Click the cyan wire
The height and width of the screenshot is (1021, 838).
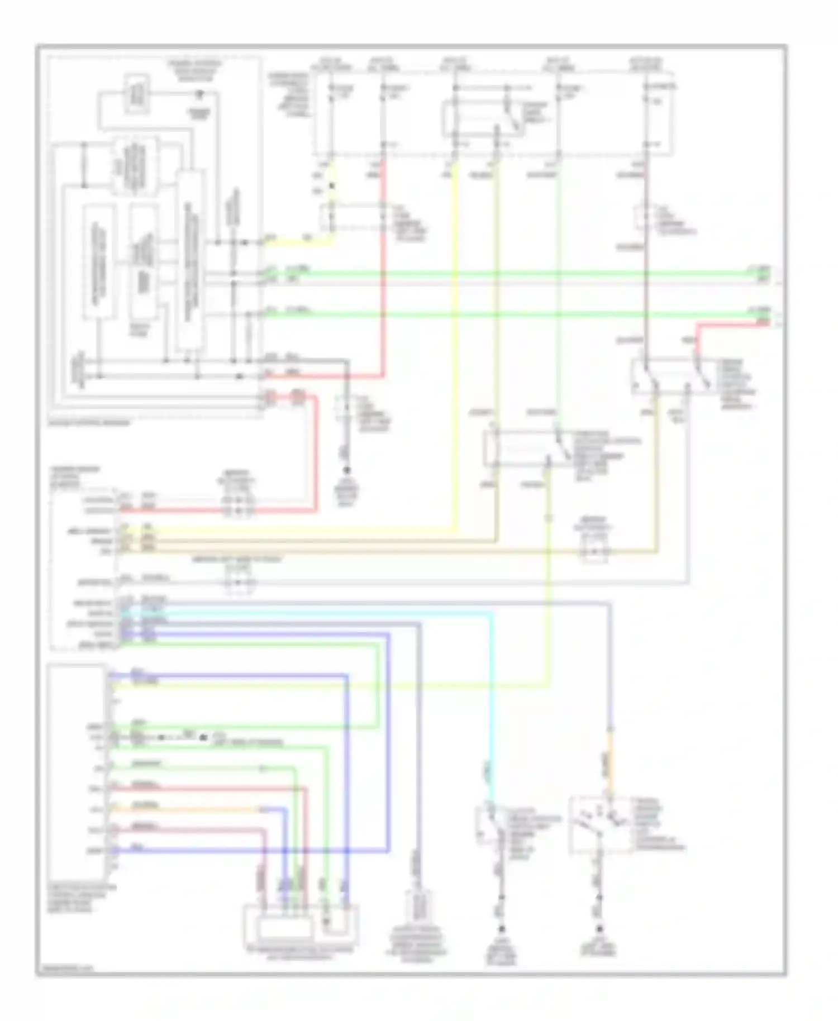(x=492, y=698)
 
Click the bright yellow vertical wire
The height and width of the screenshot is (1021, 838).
(x=456, y=335)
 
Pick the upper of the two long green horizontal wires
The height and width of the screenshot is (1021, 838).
(x=503, y=274)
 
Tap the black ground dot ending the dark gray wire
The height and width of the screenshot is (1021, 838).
(x=346, y=470)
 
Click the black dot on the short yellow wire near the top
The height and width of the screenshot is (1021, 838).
(x=332, y=186)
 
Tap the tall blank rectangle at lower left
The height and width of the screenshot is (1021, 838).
(x=77, y=771)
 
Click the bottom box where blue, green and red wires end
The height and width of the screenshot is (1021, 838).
(x=301, y=925)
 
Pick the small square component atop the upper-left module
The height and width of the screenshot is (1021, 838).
(x=136, y=93)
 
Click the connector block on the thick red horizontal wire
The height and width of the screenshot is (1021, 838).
(x=238, y=510)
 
